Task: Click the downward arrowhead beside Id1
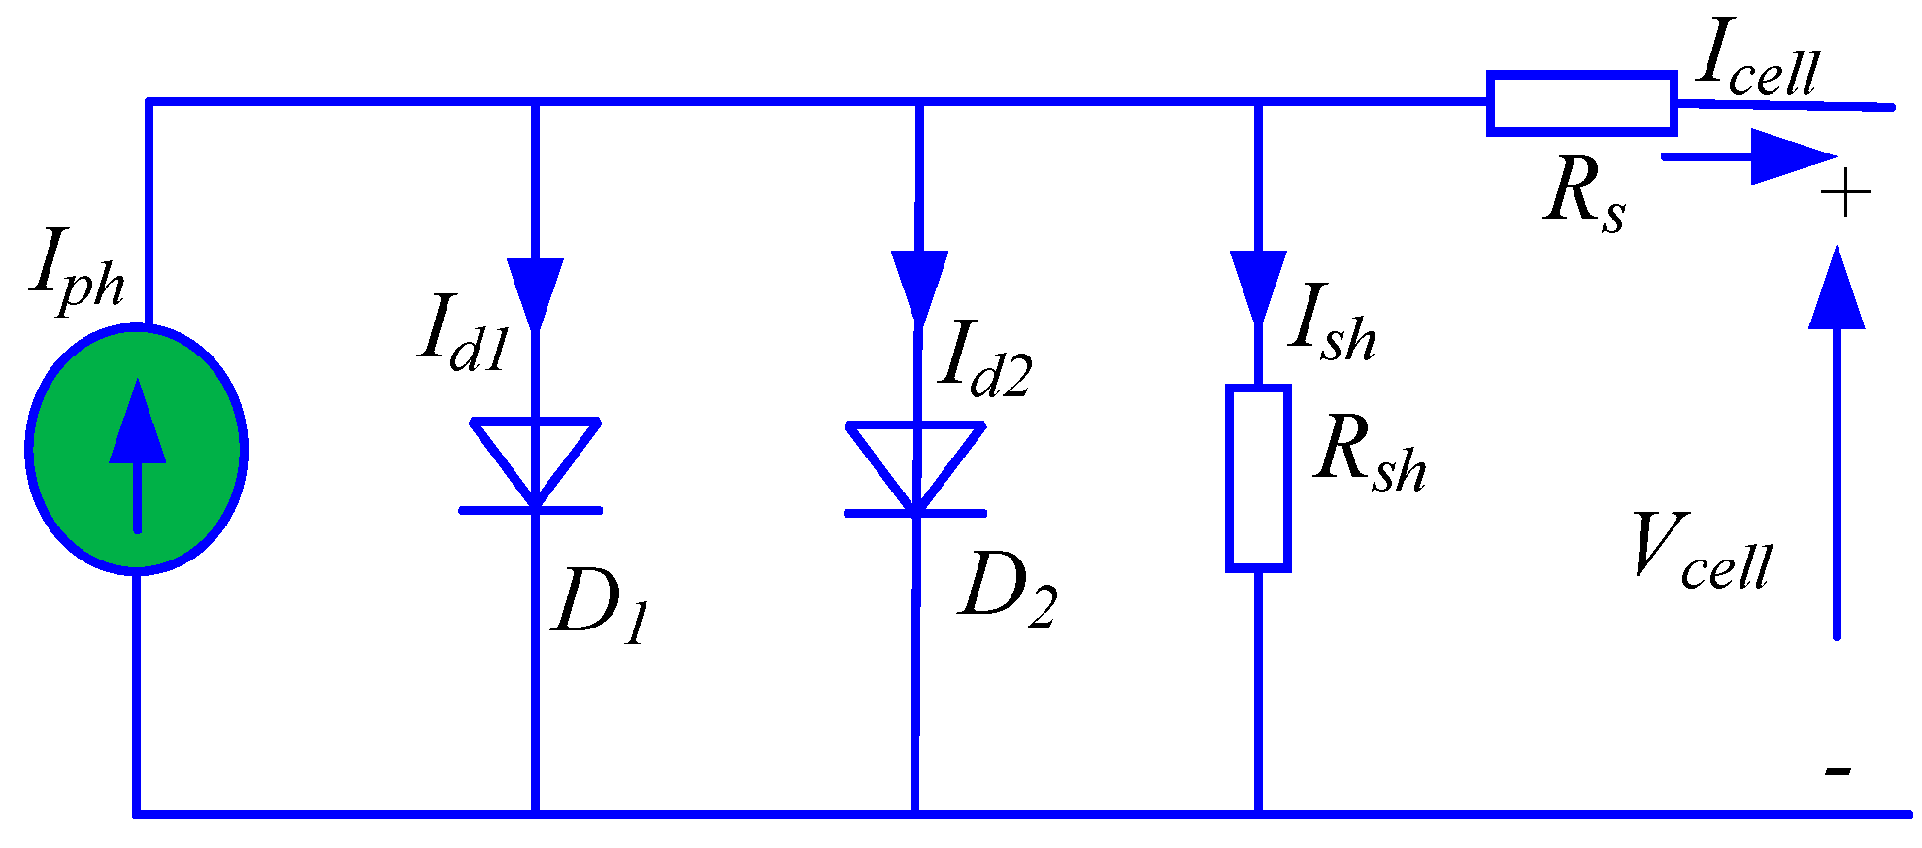pos(535,289)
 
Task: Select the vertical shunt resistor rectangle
pos(1258,477)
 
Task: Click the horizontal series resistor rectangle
pos(1581,102)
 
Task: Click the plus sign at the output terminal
pos(1844,193)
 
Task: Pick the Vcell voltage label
pos(1703,554)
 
